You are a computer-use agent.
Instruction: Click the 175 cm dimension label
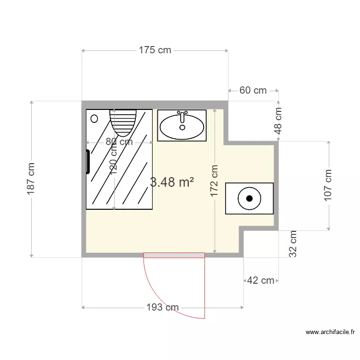pos(155,50)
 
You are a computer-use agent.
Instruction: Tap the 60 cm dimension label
pos(253,90)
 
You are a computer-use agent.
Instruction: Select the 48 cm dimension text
pos(278,120)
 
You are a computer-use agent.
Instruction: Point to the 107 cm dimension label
pos(329,185)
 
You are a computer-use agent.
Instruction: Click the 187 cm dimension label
pos(32,179)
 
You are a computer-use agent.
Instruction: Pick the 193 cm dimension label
pos(162,307)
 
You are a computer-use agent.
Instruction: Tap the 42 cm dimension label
pos(261,280)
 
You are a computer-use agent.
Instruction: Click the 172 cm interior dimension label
pos(215,180)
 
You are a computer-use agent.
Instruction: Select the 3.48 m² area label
pos(172,182)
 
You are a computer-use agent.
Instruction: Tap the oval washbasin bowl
pos(182,127)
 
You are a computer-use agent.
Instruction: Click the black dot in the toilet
pos(249,198)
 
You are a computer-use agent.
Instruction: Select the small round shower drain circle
pos(95,118)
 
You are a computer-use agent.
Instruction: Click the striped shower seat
pos(123,122)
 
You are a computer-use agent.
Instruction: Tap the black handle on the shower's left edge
pos(88,162)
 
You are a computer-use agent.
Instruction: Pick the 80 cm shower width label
pos(119,142)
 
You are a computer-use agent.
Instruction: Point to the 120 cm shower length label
pos(114,160)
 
